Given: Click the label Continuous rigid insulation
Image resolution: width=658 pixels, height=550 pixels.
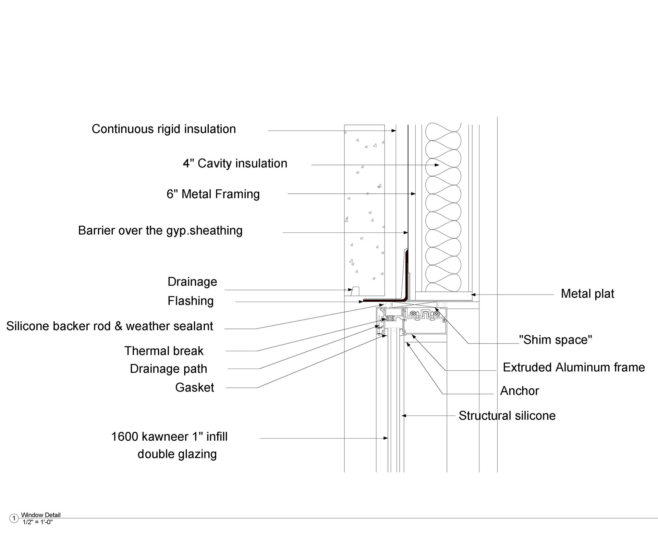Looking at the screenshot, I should tap(164, 129).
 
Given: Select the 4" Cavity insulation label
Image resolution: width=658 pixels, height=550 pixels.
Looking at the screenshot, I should tap(235, 164).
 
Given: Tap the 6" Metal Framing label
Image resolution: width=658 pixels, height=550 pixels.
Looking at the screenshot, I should tap(213, 194).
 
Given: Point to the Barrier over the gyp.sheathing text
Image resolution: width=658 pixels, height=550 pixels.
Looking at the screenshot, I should tap(160, 231).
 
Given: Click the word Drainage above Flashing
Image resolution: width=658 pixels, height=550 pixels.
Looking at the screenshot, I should tap(192, 282).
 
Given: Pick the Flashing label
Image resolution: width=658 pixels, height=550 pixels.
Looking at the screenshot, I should tap(191, 301).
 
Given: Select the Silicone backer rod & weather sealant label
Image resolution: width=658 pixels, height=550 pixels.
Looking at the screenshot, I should tap(110, 326).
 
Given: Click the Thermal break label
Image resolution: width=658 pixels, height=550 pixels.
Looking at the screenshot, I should tap(164, 351).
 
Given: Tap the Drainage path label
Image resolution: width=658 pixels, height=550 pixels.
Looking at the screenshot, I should tap(169, 369).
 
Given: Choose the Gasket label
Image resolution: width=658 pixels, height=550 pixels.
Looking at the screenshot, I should tap(195, 388).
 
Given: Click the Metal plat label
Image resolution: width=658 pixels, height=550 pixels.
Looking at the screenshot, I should tap(587, 294).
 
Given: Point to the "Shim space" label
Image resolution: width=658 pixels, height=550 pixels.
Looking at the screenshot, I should tap(556, 340).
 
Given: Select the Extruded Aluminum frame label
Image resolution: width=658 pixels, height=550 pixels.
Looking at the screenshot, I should tap(574, 368).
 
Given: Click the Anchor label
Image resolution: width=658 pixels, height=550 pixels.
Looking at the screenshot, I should tap(520, 391).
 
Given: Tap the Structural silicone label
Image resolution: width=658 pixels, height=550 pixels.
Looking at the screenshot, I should tap(507, 416).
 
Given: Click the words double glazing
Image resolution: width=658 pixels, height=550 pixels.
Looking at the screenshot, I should tap(177, 454).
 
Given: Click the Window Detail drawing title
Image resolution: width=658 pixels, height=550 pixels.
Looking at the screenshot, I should tap(41, 515).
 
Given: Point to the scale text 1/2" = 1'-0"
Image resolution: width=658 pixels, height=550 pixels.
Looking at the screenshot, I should tap(38, 522).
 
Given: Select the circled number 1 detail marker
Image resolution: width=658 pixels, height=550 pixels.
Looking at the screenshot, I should tap(14, 518).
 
